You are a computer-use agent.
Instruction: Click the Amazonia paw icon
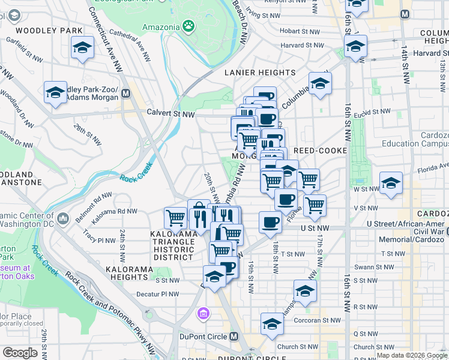tap(189, 26)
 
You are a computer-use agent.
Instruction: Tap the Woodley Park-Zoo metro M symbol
tap(126, 94)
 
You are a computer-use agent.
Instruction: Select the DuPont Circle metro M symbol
tap(234, 337)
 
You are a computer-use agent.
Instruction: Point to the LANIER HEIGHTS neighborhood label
tap(260, 73)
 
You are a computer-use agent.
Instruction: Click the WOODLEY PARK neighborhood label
tap(41, 30)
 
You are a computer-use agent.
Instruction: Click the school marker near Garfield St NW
tap(82, 47)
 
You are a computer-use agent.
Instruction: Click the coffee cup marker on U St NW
tap(270, 223)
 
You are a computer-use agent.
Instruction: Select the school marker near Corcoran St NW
tap(272, 324)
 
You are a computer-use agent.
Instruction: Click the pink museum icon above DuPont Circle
tap(203, 313)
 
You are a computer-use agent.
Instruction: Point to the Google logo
tap(20, 353)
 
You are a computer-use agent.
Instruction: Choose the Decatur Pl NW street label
tap(158, 294)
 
